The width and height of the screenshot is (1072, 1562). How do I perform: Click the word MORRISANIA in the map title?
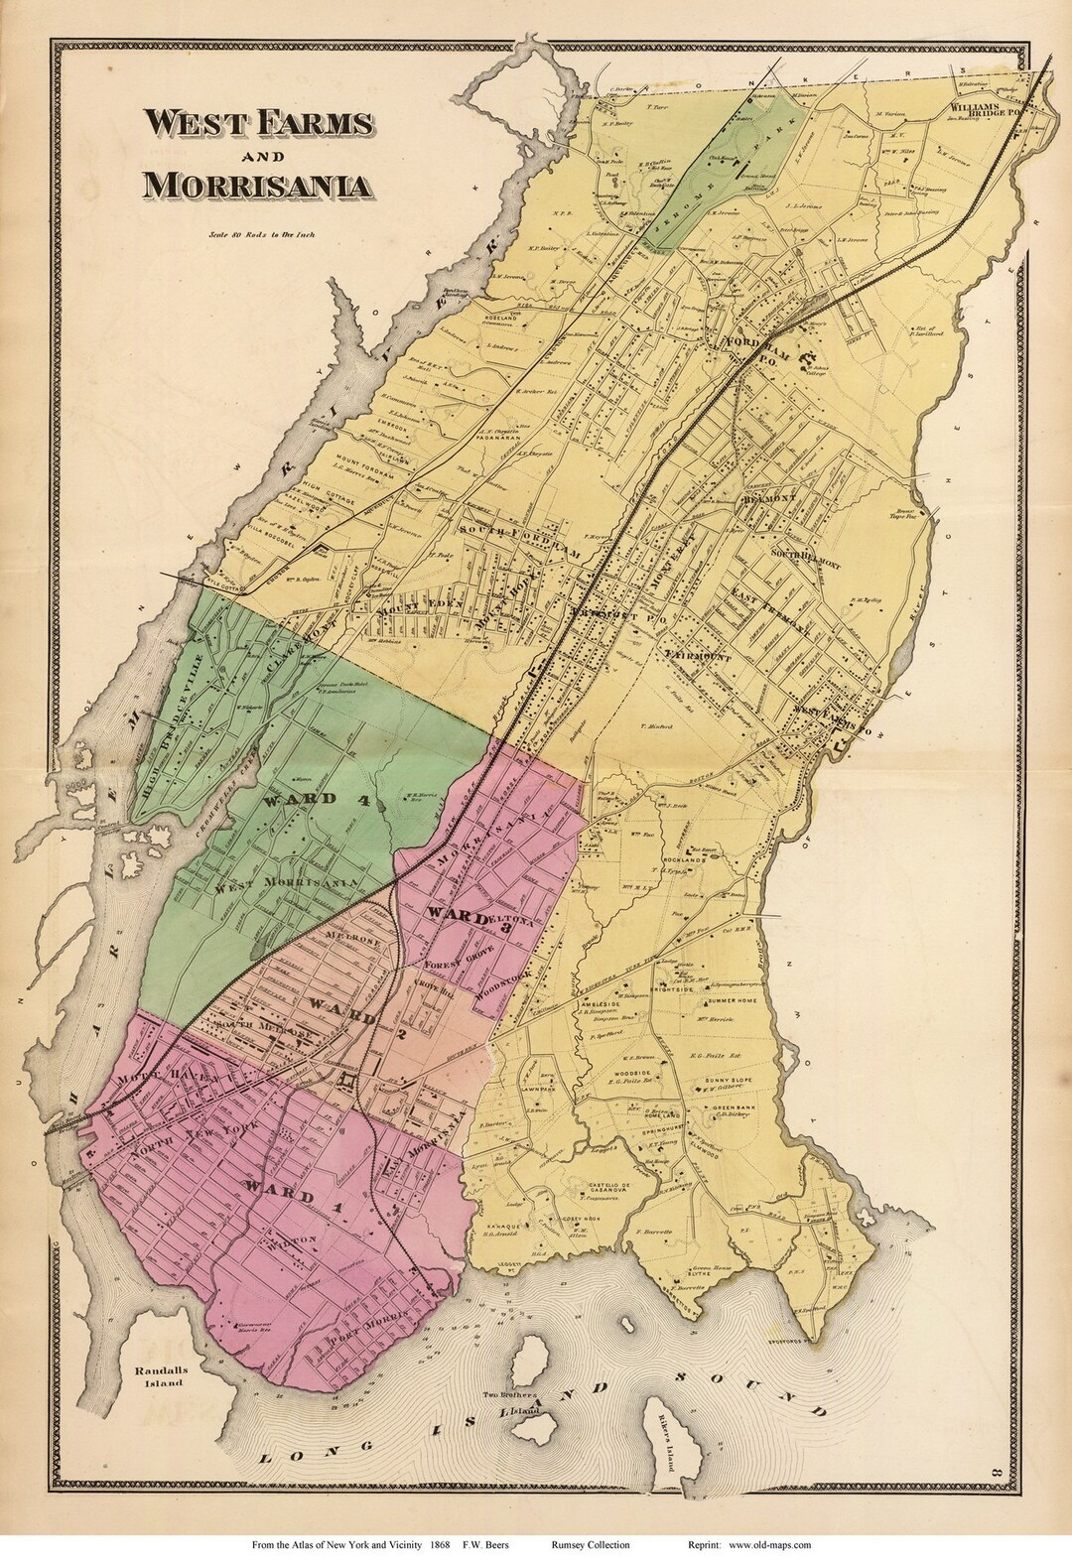258,186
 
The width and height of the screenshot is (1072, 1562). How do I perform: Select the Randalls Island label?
155,1375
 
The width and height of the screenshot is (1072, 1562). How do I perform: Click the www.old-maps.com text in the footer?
762,1545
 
